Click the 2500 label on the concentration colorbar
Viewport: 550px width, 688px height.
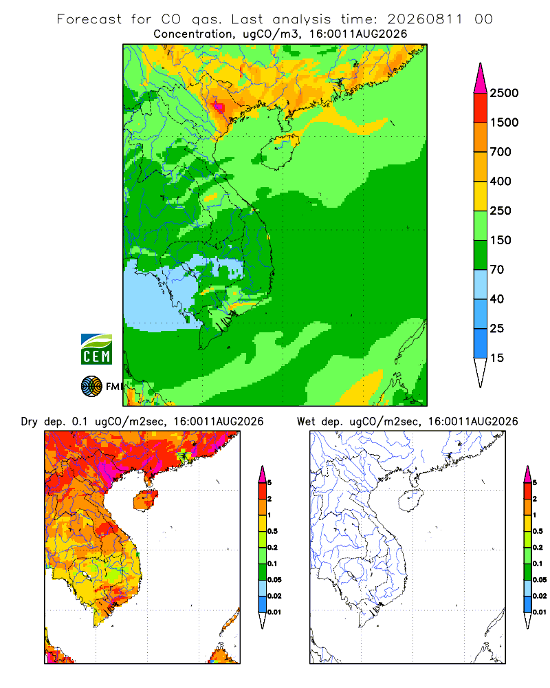click(x=504, y=93)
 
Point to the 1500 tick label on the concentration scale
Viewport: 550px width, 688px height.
click(x=504, y=122)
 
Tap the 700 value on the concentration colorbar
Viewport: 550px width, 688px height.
click(x=500, y=152)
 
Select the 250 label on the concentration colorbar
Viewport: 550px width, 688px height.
click(x=500, y=211)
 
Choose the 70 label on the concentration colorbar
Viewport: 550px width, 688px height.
click(x=497, y=270)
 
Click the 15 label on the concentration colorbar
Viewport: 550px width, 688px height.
click(x=497, y=358)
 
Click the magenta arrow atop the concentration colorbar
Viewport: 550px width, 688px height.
click(x=481, y=78)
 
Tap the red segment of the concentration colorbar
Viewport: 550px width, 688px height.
click(x=481, y=108)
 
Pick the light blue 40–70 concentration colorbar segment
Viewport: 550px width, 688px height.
click(x=481, y=284)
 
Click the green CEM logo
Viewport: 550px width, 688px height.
click(x=96, y=350)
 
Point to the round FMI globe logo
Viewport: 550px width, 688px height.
click(x=91, y=387)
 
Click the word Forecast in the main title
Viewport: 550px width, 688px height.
click(x=89, y=19)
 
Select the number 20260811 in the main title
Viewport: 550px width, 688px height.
click(x=425, y=19)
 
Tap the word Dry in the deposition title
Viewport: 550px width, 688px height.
click(x=29, y=422)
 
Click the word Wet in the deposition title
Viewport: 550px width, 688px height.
click(x=306, y=422)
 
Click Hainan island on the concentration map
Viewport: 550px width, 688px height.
click(x=279, y=151)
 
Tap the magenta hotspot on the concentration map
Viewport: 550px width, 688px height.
click(x=219, y=107)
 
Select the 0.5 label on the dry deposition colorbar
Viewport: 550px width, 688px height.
click(x=272, y=531)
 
